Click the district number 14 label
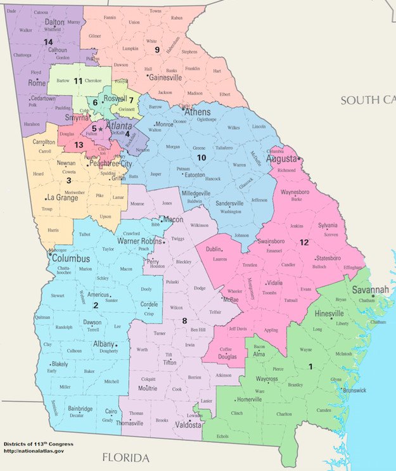pos(48,41)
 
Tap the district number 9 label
pos(157,49)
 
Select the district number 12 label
pos(304,242)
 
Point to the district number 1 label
pos(310,366)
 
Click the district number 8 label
pos(184,321)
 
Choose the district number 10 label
pos(201,157)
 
